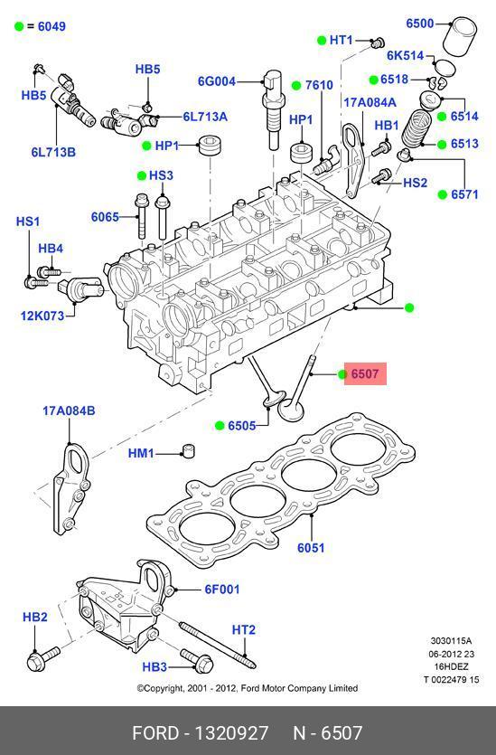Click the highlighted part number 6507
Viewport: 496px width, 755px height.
tap(365, 373)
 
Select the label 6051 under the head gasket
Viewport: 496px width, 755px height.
tap(311, 548)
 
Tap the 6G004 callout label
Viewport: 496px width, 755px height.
tap(217, 81)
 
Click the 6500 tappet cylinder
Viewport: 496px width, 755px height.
tap(460, 37)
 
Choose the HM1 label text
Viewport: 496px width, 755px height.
tap(141, 454)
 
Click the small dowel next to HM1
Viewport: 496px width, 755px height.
tap(188, 450)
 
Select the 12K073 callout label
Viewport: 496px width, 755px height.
tap(42, 316)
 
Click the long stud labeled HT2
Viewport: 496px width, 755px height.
tap(218, 646)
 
